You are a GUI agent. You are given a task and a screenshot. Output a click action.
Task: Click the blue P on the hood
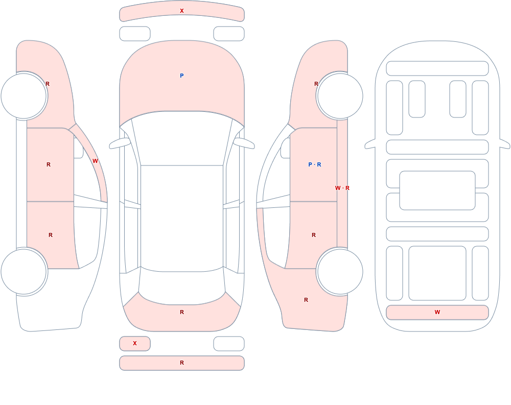(x=182, y=76)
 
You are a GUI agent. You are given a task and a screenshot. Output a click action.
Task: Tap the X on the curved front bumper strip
(x=182, y=11)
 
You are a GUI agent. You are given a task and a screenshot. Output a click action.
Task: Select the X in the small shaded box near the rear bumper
(x=135, y=343)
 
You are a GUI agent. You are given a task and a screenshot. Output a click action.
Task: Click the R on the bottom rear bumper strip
(x=182, y=363)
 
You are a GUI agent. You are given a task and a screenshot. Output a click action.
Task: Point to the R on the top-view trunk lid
(x=182, y=312)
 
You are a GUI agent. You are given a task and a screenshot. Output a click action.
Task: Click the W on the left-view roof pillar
(x=95, y=161)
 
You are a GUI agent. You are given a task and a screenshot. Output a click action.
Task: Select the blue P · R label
(x=314, y=164)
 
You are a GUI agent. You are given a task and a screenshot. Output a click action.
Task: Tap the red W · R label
(x=342, y=188)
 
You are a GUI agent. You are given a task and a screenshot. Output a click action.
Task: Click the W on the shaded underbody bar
(x=437, y=312)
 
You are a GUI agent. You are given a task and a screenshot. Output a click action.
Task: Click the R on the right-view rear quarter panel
(x=306, y=300)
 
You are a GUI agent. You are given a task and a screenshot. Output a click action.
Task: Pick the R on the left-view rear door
(x=51, y=235)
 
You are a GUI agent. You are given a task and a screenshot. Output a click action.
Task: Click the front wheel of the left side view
(x=24, y=96)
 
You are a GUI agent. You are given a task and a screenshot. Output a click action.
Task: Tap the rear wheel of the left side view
(x=24, y=272)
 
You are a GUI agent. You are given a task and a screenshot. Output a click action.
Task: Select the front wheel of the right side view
(x=340, y=96)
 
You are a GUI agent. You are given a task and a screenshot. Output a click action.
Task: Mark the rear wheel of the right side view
(x=340, y=272)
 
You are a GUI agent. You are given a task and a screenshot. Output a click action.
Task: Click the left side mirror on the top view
(x=119, y=144)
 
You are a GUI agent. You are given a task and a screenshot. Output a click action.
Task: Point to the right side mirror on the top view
(x=244, y=144)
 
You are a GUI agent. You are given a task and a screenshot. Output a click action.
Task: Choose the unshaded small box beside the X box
(x=229, y=344)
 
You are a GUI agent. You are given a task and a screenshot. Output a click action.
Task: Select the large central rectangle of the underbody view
(x=437, y=190)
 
